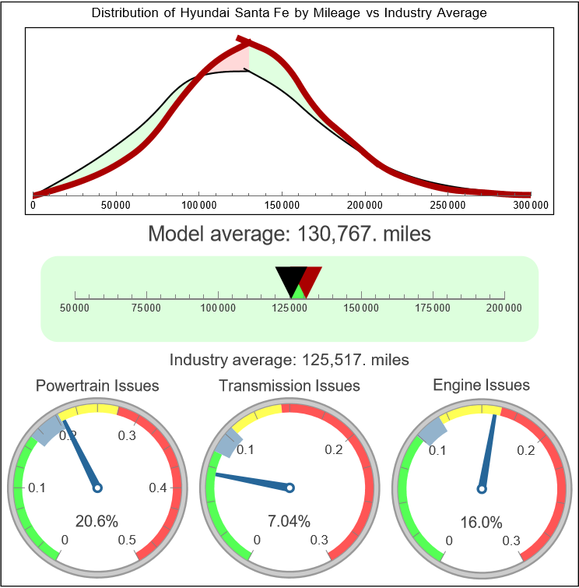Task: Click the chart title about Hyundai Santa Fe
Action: pos(289,13)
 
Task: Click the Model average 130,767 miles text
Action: pos(289,234)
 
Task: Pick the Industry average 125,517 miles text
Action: pos(289,360)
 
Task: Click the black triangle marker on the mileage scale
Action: pos(289,279)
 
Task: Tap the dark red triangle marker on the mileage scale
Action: pos(311,279)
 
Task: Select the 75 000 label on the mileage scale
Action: pos(146,308)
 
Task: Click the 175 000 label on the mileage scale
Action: pos(433,308)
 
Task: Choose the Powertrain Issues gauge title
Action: pos(97,386)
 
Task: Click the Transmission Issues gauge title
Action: pos(289,386)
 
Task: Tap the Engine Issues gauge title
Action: pos(481,385)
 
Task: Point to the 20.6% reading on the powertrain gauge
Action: pos(96,521)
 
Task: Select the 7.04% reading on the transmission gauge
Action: pos(289,521)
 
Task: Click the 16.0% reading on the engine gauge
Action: pos(480,521)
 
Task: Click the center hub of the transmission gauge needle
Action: pos(289,488)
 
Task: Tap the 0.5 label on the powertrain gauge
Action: pos(128,540)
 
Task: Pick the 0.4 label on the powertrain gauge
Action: pos(159,488)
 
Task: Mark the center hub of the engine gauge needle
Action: pos(481,488)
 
